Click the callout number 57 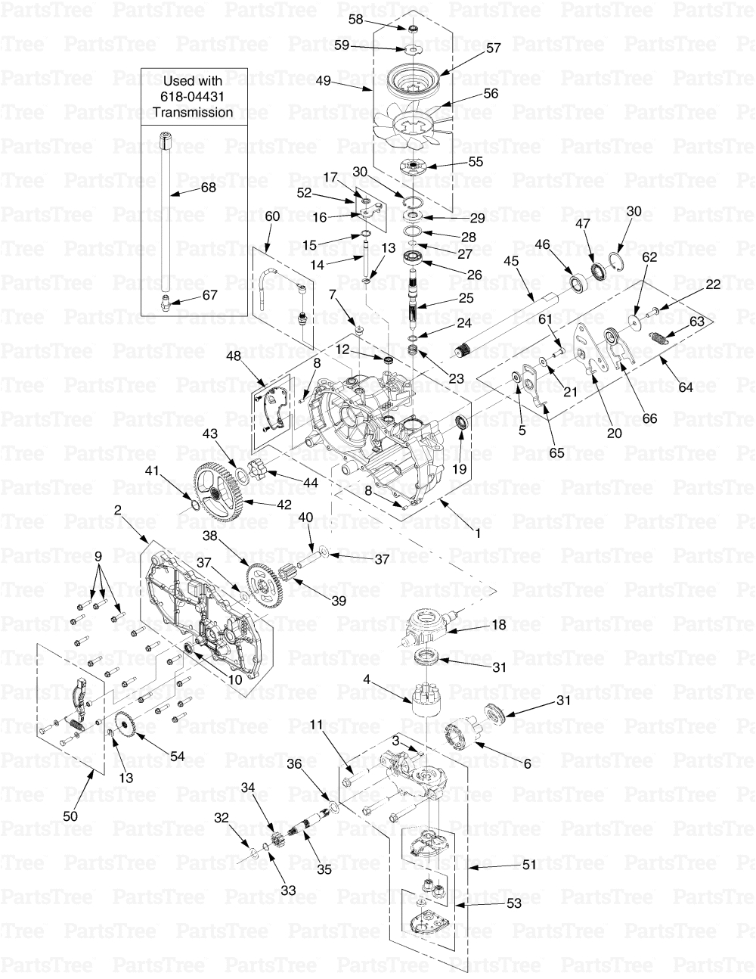pyautogui.click(x=493, y=48)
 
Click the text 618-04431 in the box pyautogui.click(x=192, y=96)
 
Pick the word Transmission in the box pyautogui.click(x=192, y=112)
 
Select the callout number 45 pyautogui.click(x=511, y=260)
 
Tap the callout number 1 pyautogui.click(x=476, y=532)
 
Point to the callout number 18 pyautogui.click(x=499, y=625)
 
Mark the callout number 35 pyautogui.click(x=324, y=869)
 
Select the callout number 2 pyautogui.click(x=118, y=511)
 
